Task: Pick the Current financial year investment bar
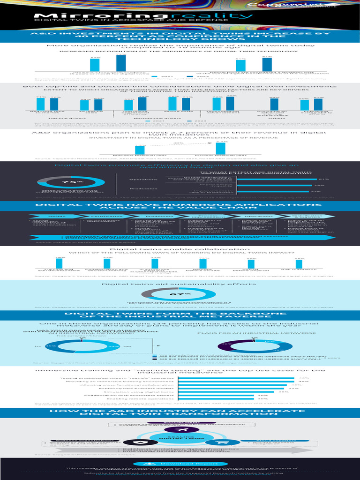tap(220, 148)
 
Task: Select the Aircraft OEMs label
tap(180, 422)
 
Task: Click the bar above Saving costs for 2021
tap(172, 103)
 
